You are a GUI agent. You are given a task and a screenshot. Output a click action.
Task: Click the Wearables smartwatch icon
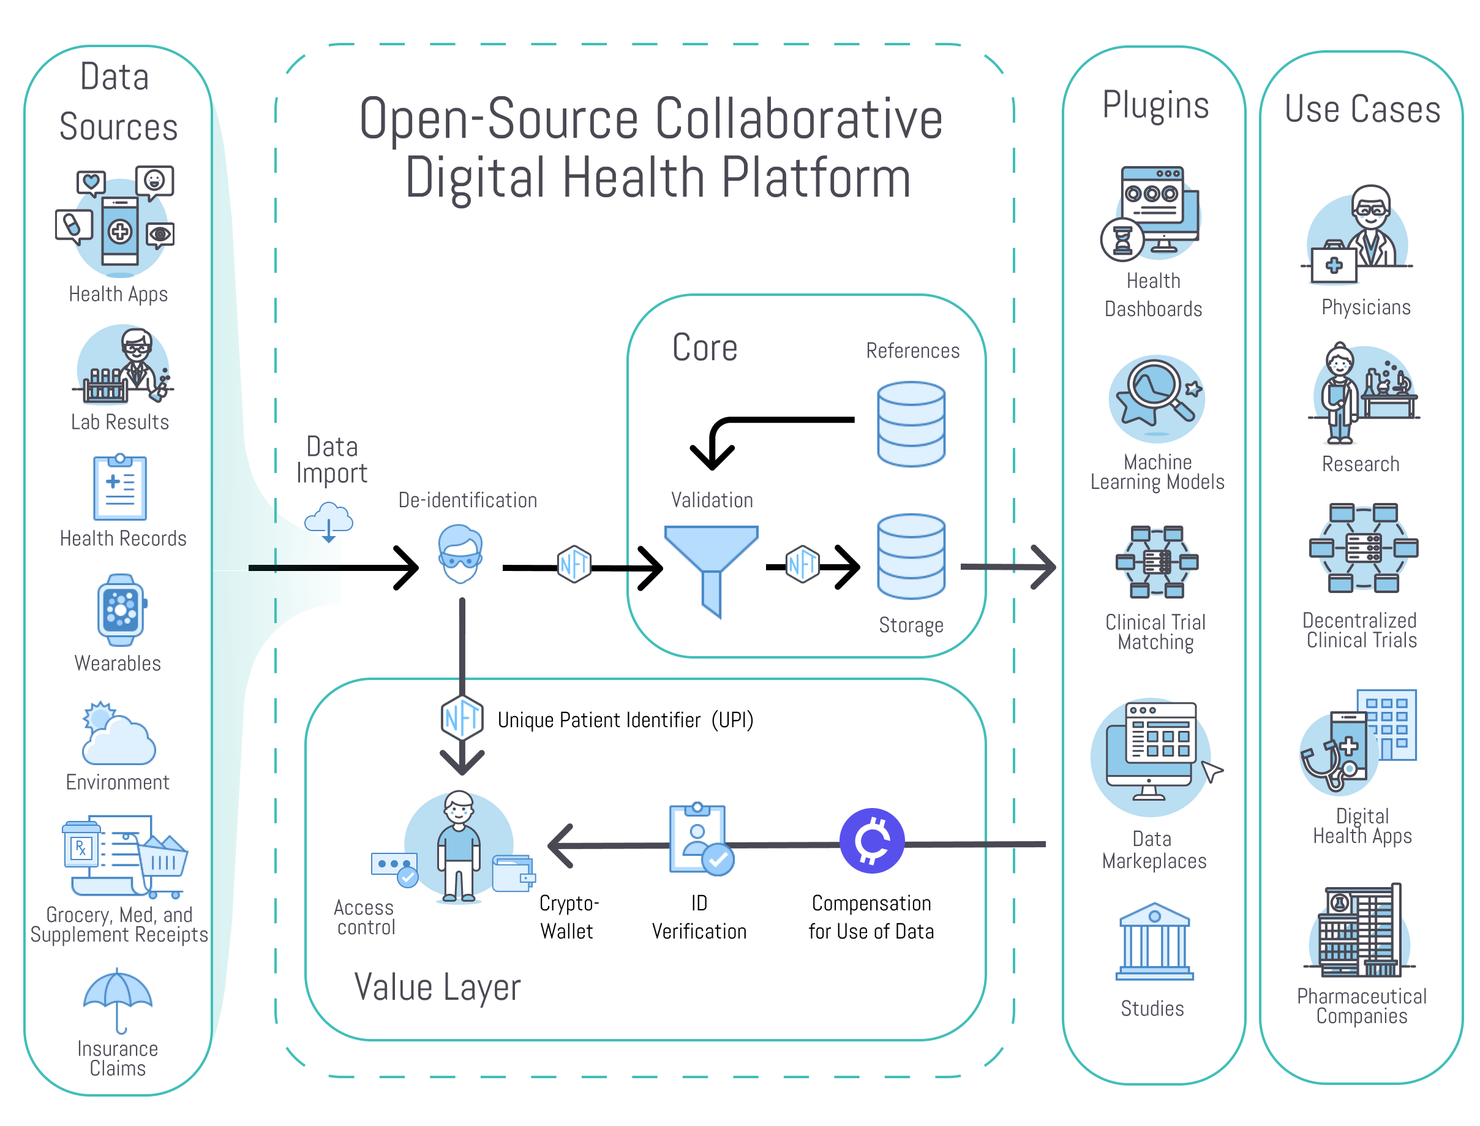pos(121,609)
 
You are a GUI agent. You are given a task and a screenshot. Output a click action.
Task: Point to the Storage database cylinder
pos(911,556)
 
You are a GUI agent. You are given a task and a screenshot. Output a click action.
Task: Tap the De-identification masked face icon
pos(460,554)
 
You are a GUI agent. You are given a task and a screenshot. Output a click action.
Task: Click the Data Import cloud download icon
pos(328,522)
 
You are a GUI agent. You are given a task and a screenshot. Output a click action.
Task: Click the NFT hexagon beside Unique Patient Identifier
pos(462,718)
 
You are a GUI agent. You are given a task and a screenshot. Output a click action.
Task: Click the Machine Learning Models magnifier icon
pos(1157,397)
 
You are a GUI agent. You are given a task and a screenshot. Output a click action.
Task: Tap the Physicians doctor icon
pos(1360,235)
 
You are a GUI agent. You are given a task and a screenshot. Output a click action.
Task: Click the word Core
pos(704,348)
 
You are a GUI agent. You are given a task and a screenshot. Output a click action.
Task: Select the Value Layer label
pos(437,988)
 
